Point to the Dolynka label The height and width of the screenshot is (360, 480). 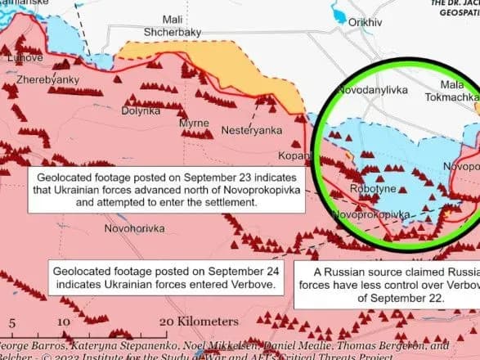pyautogui.click(x=140, y=110)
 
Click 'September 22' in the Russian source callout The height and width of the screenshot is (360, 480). pyautogui.click(x=417, y=299)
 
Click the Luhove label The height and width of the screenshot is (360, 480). pyautogui.click(x=25, y=58)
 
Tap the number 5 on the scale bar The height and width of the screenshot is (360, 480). pyautogui.click(x=11, y=322)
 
